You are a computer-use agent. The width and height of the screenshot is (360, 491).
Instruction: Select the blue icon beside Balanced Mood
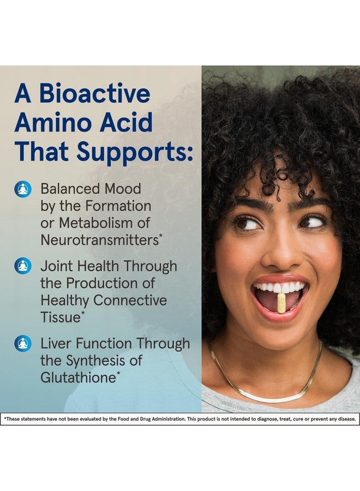(23, 189)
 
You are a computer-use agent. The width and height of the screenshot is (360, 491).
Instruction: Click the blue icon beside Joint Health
(23, 266)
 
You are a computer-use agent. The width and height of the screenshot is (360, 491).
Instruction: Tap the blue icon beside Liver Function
(23, 344)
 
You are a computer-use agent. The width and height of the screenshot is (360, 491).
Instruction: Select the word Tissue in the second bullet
(60, 317)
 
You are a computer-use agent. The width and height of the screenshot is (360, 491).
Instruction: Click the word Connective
(129, 300)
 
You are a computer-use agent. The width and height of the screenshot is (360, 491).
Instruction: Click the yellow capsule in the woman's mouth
(281, 302)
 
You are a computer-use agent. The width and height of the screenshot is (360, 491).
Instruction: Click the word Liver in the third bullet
(56, 344)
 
